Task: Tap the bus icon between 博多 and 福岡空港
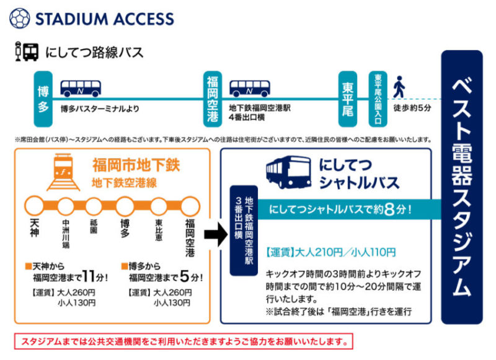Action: pos(81,88)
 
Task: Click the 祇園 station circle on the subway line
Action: pos(94,206)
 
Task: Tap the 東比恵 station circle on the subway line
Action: pos(159,206)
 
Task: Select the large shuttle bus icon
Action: pos(288,173)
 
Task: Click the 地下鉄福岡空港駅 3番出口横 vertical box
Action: pos(244,230)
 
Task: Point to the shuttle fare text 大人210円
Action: pos(315,252)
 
